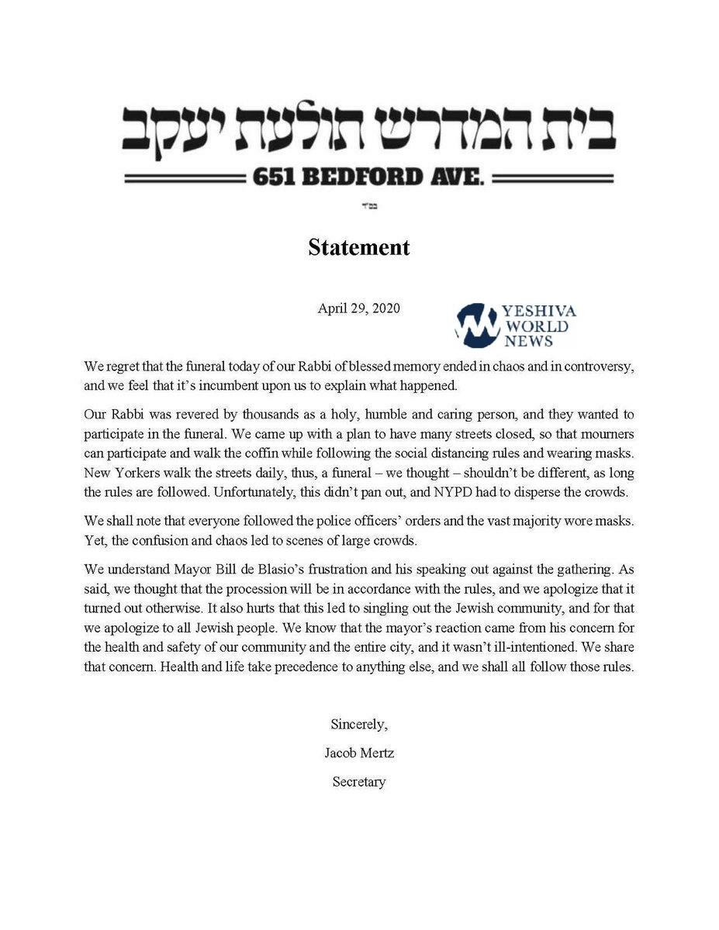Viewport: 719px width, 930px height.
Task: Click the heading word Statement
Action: [x=358, y=247]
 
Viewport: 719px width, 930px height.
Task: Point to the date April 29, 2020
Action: [x=358, y=308]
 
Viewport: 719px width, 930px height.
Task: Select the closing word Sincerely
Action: [x=358, y=725]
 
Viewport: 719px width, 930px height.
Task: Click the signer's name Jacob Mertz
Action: [x=358, y=753]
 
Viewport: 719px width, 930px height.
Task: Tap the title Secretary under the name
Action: [x=358, y=781]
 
